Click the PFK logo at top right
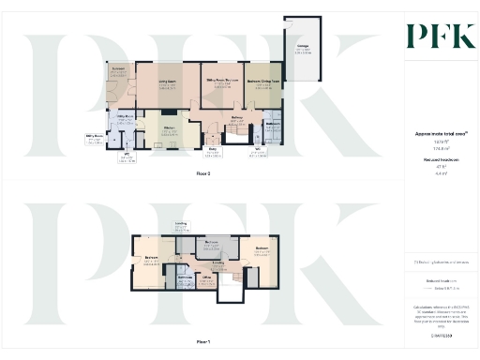[434, 36]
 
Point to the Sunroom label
[119, 70]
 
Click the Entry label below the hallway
[213, 150]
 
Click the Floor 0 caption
[202, 174]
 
